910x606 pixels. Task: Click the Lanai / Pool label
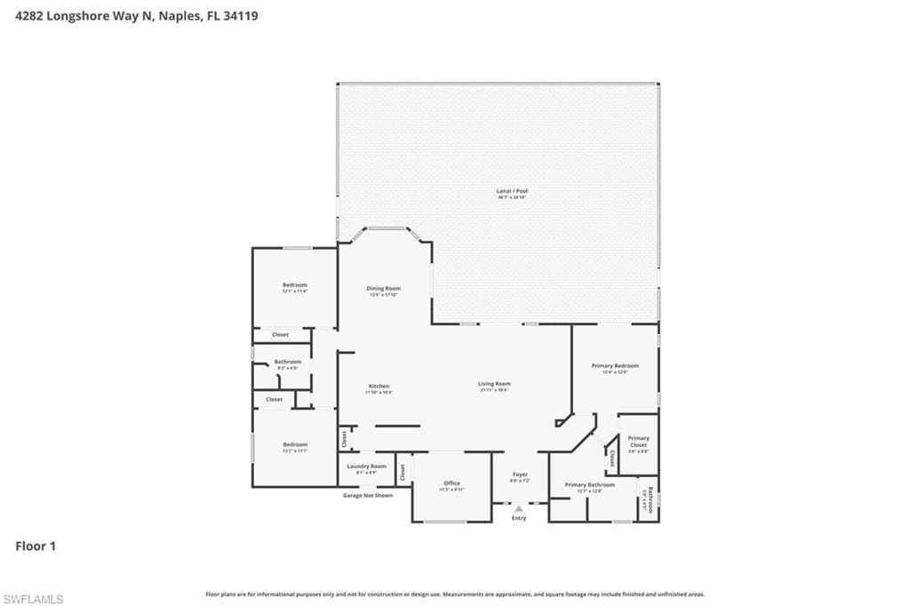512,191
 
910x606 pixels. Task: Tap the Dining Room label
384,289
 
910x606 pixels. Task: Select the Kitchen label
379,387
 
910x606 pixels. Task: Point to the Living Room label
495,384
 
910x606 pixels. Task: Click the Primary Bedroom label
615,366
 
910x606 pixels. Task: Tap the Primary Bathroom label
589,485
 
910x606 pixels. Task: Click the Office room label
451,483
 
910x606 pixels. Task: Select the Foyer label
519,475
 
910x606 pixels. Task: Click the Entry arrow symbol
519,508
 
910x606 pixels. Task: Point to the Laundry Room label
366,466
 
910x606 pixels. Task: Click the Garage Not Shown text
367,495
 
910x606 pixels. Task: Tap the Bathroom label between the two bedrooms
287,363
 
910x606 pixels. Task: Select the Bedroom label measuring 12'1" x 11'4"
294,285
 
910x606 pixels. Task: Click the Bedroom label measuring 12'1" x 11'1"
294,445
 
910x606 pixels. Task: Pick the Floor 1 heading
36,546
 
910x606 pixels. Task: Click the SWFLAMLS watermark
33,599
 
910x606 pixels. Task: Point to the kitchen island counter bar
397,427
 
